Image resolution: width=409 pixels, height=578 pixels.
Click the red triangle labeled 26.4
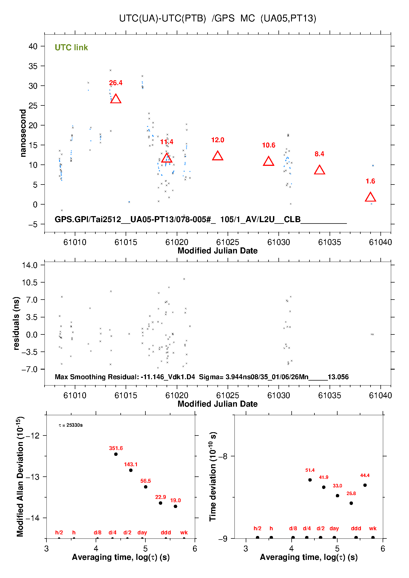tap(116, 99)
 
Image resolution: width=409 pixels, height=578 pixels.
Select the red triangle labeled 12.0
tap(218, 156)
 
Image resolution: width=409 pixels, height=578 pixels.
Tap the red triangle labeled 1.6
tap(371, 197)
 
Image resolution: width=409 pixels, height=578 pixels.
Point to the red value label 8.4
tap(319, 154)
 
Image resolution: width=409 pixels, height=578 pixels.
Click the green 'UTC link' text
tap(71, 48)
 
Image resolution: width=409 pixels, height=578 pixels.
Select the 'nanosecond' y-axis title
tap(23, 133)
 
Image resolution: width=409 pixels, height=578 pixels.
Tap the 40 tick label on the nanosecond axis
tap(33, 46)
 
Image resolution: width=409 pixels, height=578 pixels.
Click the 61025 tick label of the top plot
tap(228, 242)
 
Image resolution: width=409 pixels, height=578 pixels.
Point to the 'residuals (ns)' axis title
tap(16, 323)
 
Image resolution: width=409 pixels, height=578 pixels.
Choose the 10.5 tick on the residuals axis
tap(30, 283)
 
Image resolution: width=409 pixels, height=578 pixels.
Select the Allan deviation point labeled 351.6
tap(116, 454)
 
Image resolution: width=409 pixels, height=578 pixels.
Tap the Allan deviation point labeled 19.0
tap(175, 506)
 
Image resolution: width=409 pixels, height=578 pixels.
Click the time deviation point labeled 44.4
tap(365, 485)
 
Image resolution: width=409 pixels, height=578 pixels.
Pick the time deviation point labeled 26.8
tap(351, 503)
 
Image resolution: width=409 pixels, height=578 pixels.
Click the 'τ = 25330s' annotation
tap(71, 425)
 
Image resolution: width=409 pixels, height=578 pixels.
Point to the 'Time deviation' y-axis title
tap(213, 477)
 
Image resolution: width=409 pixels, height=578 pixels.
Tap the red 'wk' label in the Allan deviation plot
tap(184, 532)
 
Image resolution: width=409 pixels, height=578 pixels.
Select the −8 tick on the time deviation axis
tap(223, 456)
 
